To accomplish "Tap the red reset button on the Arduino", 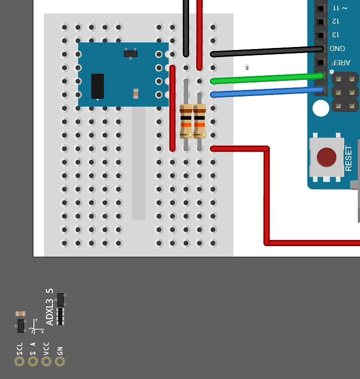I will click(x=326, y=157).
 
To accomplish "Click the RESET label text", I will click(x=348, y=158).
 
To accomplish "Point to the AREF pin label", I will click(x=335, y=62).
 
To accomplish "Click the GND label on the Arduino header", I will click(x=335, y=49).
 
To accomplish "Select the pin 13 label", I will click(x=335, y=35).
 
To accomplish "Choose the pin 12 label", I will click(x=335, y=22).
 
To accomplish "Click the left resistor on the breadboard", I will click(x=186, y=120).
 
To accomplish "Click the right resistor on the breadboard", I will click(x=200, y=120).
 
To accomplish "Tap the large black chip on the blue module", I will click(x=98, y=86).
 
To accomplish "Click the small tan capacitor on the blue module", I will click(x=136, y=93).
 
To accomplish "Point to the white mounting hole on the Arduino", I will click(x=321, y=108).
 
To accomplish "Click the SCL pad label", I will click(x=20, y=348).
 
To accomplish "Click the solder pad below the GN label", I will click(x=60, y=361).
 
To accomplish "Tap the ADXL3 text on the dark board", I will click(x=50, y=313).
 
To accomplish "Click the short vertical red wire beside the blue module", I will click(x=172, y=108).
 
